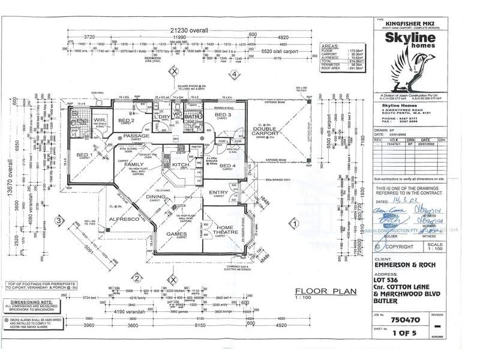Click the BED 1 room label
[83, 155]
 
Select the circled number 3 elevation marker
[58, 221]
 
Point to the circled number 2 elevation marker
[137, 278]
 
